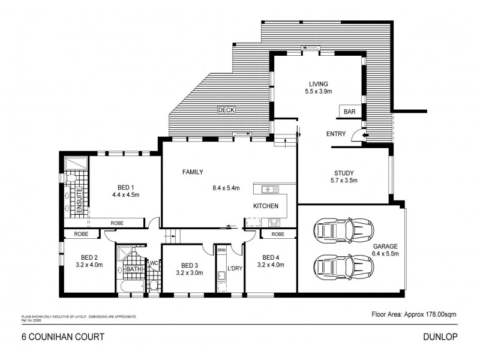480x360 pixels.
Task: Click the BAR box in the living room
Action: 349,112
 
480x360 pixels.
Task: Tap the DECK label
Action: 226,110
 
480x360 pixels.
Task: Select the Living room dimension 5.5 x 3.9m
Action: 318,92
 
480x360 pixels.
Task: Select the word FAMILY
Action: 193,172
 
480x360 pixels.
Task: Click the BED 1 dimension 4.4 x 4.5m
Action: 125,194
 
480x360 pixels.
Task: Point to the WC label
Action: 153,263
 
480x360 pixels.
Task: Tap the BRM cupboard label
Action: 221,250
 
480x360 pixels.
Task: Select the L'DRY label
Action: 234,268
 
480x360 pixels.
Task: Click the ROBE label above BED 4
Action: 277,234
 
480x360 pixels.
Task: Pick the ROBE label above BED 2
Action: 82,234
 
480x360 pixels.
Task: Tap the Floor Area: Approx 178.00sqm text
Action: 415,314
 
